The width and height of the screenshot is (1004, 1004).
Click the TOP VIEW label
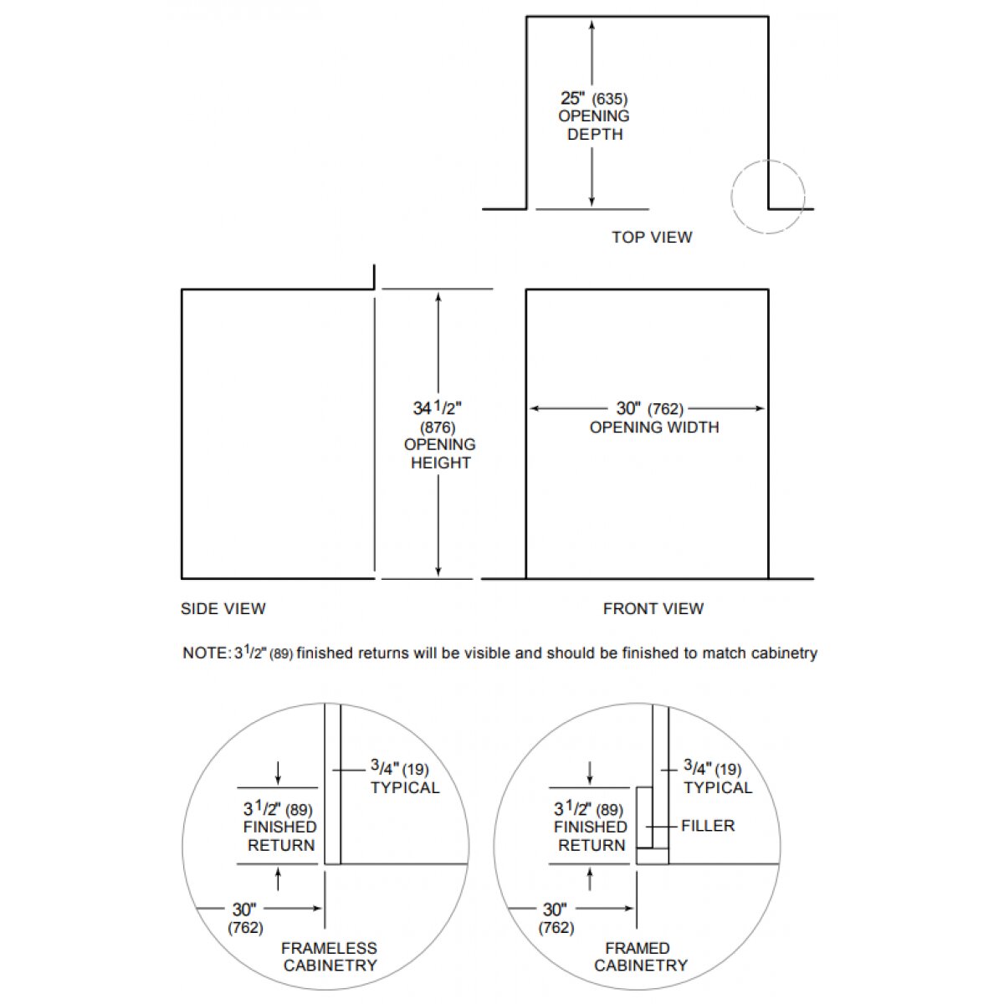[x=652, y=238]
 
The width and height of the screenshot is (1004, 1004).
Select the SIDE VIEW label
[x=223, y=609]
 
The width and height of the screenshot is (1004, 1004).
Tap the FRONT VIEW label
[x=653, y=609]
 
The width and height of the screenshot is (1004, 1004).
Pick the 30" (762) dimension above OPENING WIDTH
[x=649, y=409]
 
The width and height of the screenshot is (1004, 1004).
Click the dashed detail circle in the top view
[x=767, y=197]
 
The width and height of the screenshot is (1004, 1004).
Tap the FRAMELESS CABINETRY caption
[x=329, y=956]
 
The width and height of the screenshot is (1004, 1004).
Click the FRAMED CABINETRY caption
[x=640, y=956]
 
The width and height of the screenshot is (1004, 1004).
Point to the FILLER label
[x=708, y=826]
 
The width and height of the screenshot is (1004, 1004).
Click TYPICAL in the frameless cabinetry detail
[x=404, y=787]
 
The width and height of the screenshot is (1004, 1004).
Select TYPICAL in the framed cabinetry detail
[x=718, y=787]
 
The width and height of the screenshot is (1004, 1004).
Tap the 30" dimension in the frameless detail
[x=243, y=909]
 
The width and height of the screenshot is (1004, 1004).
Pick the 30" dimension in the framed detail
[x=555, y=909]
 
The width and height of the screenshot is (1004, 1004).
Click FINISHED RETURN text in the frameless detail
[x=280, y=836]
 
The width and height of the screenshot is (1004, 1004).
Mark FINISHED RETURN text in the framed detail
[x=591, y=836]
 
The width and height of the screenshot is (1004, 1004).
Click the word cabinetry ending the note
[x=782, y=653]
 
